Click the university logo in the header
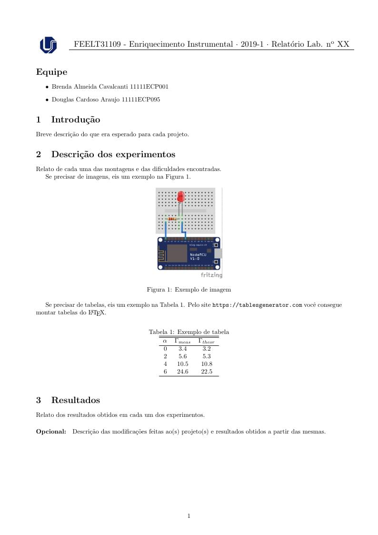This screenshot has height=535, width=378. point(48,45)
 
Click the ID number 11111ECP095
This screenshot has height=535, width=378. point(141,100)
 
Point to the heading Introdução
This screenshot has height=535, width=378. point(75,120)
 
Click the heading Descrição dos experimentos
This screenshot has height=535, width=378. point(113,154)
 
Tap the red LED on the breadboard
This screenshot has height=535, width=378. point(180,196)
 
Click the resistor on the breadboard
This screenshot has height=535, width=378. point(172,219)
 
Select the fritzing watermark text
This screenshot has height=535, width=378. point(211,275)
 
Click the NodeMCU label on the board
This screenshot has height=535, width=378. point(198,255)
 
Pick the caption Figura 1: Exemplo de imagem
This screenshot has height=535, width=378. point(189,289)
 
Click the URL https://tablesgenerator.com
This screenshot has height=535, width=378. point(257,305)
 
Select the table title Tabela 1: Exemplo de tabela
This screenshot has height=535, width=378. point(189,332)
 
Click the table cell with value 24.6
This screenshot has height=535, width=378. point(182,372)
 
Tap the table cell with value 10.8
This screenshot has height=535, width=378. point(207,364)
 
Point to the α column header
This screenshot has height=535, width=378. point(165,341)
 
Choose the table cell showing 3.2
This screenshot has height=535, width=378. point(207,349)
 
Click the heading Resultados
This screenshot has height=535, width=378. point(75,400)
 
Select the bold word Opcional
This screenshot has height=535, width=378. point(51,432)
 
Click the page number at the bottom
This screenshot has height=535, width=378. point(189,516)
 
